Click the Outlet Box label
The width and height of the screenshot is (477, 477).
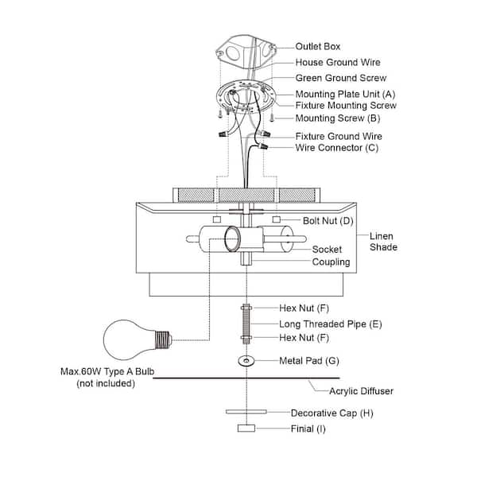pos(317,47)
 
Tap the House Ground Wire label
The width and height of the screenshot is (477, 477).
pos(338,62)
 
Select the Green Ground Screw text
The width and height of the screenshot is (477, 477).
pos(341,78)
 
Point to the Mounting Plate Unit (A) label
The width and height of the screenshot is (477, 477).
pos(345,95)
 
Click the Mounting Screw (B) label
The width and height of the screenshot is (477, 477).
pos(338,118)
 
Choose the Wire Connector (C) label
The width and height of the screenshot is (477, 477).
pos(337,148)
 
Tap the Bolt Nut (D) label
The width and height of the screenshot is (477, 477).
pos(328,221)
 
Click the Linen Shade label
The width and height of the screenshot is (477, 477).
pos(383,242)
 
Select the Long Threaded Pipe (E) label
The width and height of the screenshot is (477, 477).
pos(331,324)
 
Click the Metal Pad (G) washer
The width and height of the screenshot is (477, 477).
pos(246,361)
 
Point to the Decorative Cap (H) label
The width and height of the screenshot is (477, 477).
pos(332,413)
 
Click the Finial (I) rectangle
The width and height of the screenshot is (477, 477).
pos(246,429)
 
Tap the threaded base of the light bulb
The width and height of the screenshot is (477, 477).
pos(163,340)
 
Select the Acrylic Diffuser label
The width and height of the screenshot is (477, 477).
pos(361,391)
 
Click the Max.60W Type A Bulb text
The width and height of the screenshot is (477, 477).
pos(107,371)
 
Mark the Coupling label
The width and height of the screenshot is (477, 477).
pos(331,262)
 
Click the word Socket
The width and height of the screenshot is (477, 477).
pos(327,250)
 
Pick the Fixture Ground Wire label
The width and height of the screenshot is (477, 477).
pos(339,136)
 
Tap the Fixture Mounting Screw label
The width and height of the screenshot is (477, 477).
pos(346,106)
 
